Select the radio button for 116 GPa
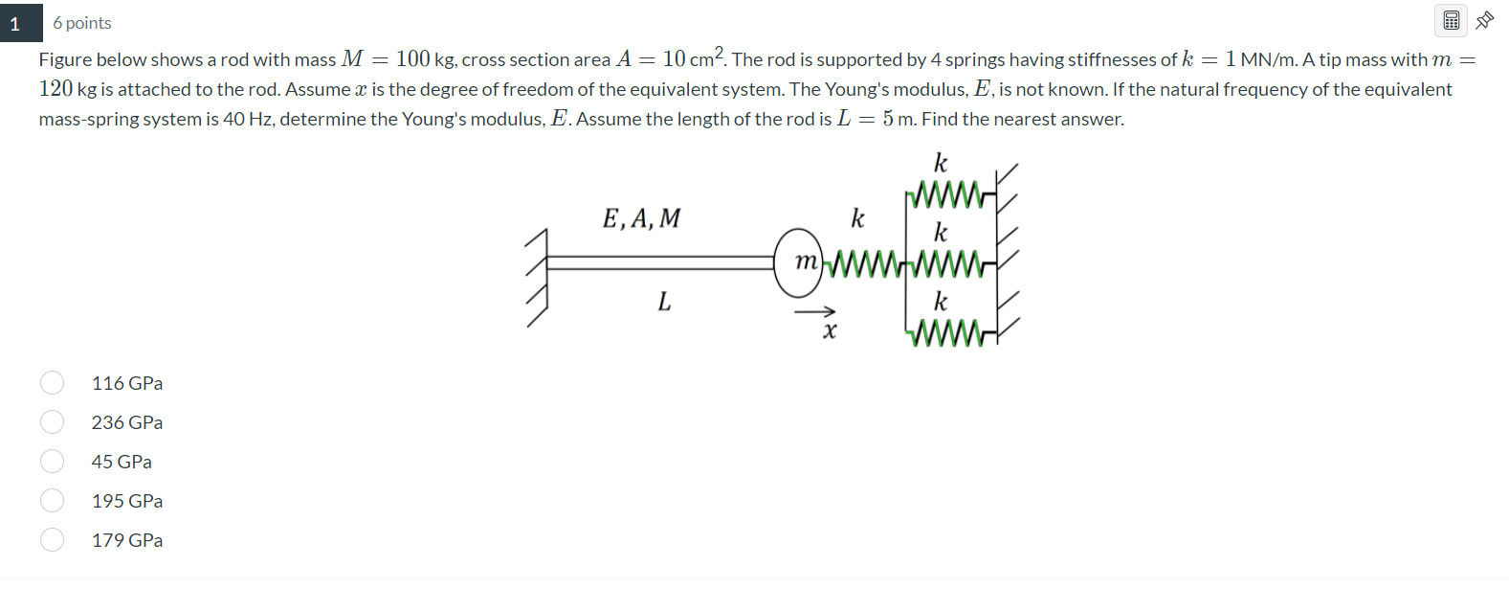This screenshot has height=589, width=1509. click(53, 383)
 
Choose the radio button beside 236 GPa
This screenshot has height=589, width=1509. click(53, 422)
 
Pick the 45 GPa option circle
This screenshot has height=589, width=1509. click(53, 462)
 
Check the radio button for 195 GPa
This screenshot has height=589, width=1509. click(53, 501)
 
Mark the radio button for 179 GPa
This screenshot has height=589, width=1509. click(53, 540)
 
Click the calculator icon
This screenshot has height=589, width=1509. click(1451, 20)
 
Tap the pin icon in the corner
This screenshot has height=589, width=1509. click(1485, 20)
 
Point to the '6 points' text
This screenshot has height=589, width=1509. click(82, 23)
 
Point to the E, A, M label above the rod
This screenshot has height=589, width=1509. click(641, 219)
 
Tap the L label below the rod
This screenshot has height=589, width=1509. click(664, 303)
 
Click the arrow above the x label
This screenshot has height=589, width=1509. click(814, 311)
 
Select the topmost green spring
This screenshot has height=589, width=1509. click(947, 195)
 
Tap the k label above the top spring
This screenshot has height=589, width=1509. click(941, 163)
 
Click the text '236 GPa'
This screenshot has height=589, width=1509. click(127, 422)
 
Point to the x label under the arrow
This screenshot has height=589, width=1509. click(830, 331)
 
